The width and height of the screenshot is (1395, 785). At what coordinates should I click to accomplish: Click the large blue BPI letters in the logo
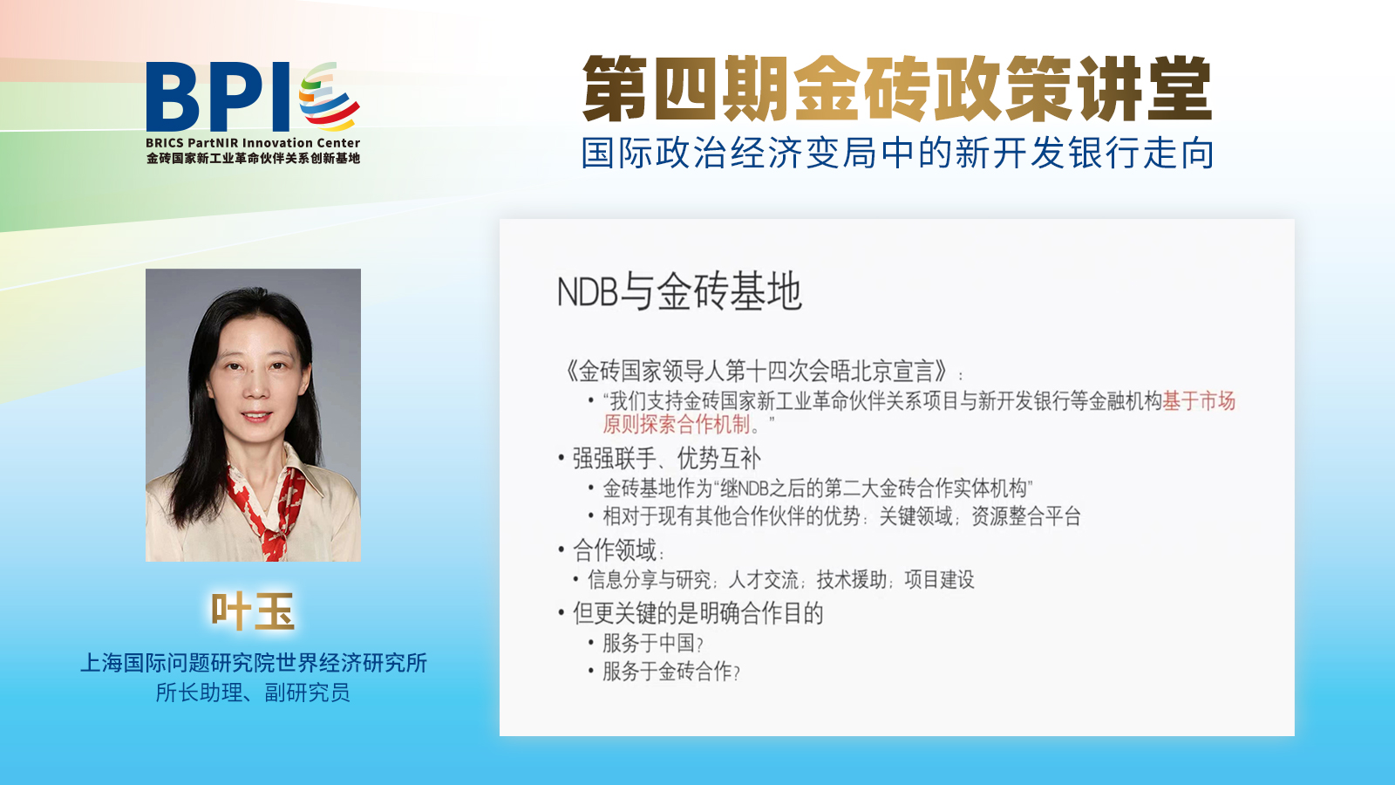click(x=218, y=98)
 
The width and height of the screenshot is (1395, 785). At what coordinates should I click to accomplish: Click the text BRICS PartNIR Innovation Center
click(x=253, y=143)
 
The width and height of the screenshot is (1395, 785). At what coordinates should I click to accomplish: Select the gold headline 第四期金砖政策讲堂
click(x=897, y=89)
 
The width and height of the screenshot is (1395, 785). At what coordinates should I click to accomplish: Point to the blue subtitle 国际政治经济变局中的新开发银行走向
click(x=898, y=153)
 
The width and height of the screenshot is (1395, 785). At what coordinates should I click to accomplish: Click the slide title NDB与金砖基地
click(x=679, y=291)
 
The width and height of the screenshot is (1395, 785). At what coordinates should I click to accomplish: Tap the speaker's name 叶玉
click(x=253, y=611)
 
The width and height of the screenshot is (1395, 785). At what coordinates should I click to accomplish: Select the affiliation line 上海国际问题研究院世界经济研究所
click(x=254, y=663)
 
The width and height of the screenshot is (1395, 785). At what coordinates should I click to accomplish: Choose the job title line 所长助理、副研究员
click(x=253, y=693)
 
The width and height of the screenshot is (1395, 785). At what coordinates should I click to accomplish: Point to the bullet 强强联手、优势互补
click(x=666, y=458)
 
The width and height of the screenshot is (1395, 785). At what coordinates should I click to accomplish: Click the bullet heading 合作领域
click(x=615, y=550)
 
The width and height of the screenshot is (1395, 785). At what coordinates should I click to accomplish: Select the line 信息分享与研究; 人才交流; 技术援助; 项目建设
click(x=780, y=580)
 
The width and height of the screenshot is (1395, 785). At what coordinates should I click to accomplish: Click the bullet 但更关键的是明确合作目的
click(x=697, y=613)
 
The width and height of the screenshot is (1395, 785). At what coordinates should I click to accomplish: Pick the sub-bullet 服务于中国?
click(x=651, y=644)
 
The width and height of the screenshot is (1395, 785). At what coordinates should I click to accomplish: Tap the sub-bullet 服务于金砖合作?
click(x=670, y=672)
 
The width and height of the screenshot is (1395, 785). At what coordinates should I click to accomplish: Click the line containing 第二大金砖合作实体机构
click(x=817, y=488)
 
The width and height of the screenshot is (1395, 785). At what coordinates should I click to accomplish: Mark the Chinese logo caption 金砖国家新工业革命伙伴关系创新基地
click(x=253, y=159)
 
